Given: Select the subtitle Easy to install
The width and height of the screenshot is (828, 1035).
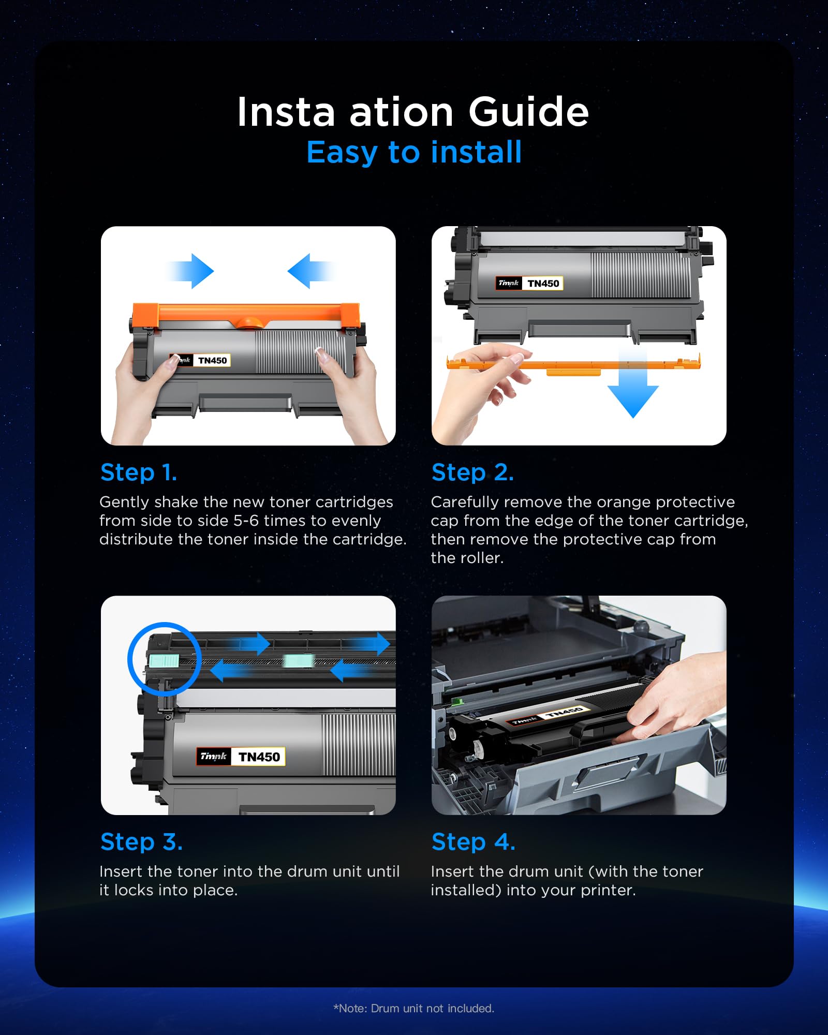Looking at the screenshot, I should click(x=414, y=152).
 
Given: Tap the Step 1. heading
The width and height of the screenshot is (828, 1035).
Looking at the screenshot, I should click(x=139, y=472).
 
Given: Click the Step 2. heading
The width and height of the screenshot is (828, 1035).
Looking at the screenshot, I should click(x=472, y=472).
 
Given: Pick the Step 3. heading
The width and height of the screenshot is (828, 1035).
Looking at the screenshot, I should click(x=141, y=842).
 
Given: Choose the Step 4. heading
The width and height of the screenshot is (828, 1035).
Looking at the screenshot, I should click(x=474, y=842).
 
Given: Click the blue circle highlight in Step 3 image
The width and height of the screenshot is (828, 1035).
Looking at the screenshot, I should click(x=165, y=659).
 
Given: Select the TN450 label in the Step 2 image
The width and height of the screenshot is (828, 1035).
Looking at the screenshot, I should click(x=543, y=283).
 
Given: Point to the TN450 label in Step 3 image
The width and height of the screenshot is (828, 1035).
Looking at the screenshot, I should click(x=259, y=757).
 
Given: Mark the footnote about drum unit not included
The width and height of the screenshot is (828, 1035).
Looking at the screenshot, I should click(x=414, y=1008).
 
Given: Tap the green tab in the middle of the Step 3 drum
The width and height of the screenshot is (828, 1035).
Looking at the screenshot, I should click(x=299, y=660).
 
